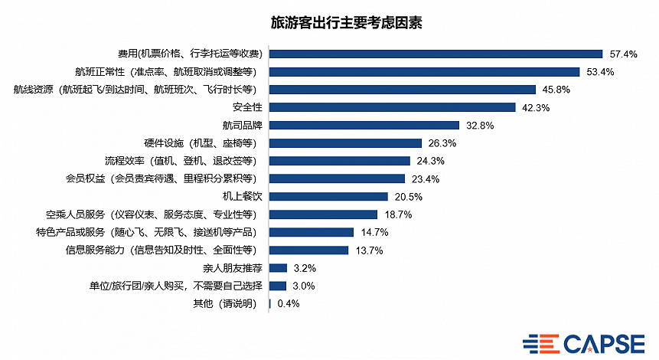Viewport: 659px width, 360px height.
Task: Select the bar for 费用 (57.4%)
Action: coord(436,54)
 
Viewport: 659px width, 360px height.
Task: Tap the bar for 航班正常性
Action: coord(425,72)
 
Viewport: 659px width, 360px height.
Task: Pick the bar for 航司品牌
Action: coord(364,125)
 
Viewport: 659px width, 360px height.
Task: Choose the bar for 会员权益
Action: coord(338,178)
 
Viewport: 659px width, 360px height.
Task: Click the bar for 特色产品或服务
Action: coord(312,232)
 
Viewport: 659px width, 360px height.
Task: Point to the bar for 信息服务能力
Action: coord(309,250)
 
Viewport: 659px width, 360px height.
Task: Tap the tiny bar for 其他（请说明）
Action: coord(270,304)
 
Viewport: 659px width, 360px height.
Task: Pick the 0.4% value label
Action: coord(288,304)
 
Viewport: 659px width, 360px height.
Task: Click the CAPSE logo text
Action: coord(604,342)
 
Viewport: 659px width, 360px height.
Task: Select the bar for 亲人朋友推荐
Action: coord(279,268)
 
